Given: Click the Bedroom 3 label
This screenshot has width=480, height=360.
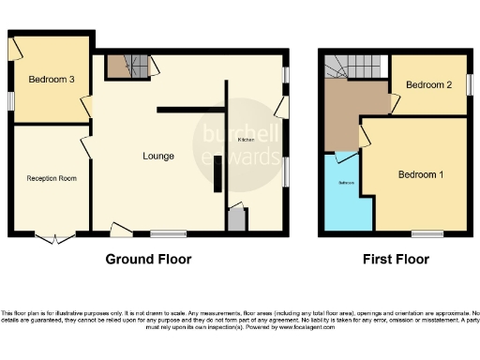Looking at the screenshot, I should point(52,80).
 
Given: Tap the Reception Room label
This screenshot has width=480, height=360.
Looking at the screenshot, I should point(51,177).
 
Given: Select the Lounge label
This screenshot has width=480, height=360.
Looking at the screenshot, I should point(157,156).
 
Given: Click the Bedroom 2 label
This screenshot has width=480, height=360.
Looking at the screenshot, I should point(429,85).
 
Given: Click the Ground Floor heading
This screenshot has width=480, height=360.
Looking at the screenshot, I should point(148,259).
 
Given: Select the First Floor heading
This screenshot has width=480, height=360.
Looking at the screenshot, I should point(397,259).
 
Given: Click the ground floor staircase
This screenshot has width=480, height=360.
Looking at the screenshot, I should point(128,67).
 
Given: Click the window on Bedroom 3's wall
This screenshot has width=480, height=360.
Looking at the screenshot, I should point(10,99).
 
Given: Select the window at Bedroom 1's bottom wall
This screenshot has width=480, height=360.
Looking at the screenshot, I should point(427,232).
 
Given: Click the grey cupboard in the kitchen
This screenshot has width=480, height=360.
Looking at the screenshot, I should point(235,220).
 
